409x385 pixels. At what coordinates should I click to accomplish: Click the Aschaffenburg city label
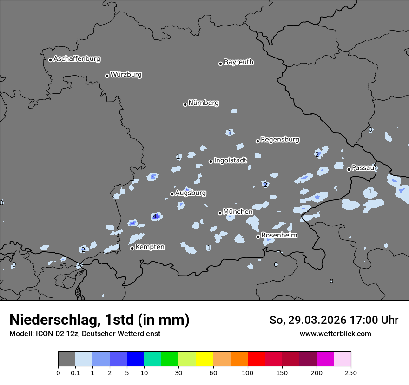pos(77,59)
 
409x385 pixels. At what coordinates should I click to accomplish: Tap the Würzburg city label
pos(126,75)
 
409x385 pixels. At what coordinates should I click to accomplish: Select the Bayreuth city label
pos(238,62)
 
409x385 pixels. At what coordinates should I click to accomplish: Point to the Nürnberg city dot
pos(185,104)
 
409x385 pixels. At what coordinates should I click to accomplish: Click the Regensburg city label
pos(280,140)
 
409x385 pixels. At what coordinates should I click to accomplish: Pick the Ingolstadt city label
pos(231,160)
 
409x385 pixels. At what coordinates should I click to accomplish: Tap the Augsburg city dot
pos(172,194)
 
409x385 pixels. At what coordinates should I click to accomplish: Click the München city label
pos(238,212)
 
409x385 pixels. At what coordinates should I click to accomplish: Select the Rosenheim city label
pos(279,236)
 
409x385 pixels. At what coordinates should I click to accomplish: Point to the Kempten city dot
pos(132,248)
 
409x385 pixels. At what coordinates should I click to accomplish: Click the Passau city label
pos(363,168)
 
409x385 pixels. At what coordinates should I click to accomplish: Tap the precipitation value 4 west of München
pos(155,217)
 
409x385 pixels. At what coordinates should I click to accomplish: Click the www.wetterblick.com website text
pos(335,334)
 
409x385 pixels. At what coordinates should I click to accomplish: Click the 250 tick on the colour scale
pos(350,372)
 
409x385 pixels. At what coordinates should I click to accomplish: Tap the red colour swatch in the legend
pos(256,359)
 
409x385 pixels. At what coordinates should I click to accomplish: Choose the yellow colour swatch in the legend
pos(204,359)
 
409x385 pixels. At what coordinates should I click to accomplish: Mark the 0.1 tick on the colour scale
pos(75,372)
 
